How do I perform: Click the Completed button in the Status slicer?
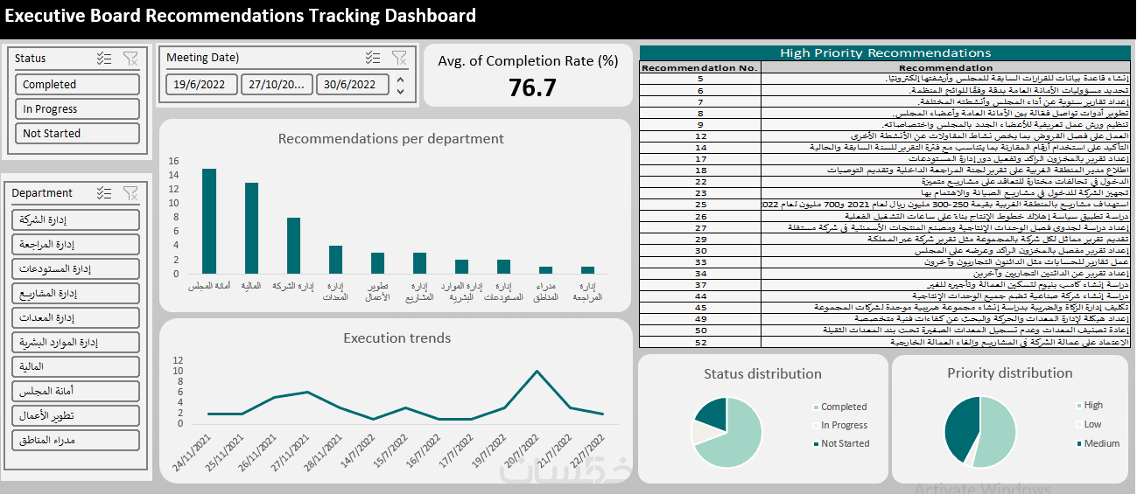point(77,85)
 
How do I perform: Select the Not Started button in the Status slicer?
point(77,134)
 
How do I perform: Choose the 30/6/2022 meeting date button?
point(350,85)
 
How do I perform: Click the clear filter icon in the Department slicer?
point(130,193)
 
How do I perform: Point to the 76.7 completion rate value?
point(532,87)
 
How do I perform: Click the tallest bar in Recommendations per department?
point(209,220)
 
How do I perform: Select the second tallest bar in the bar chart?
point(251,227)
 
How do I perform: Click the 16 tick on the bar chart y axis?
point(173,161)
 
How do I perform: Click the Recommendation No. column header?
point(699,67)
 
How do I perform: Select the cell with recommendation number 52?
point(700,343)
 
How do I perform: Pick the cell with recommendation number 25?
point(700,204)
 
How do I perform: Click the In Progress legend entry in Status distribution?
point(844,426)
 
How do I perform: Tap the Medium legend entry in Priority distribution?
point(1101,443)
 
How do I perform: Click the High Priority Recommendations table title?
point(885,53)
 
